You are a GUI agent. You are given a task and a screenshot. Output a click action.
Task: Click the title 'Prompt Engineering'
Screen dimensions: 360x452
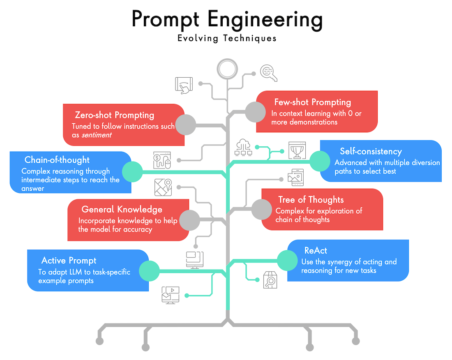tap(227, 19)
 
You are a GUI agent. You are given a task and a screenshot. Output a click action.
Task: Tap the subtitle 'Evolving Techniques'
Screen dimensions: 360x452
tap(227, 39)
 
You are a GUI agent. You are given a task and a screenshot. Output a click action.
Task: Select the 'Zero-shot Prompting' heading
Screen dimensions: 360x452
tap(114, 115)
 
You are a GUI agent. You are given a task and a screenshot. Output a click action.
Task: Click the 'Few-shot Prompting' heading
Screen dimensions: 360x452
tap(312, 102)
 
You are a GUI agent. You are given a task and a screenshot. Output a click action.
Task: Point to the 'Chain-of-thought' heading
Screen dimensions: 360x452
tap(57, 160)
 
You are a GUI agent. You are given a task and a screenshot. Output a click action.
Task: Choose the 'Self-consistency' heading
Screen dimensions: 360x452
tap(371, 152)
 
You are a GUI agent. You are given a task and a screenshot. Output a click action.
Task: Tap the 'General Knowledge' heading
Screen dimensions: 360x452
tap(122, 210)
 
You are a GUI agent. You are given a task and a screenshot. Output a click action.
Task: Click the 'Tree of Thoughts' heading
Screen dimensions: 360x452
tap(311, 200)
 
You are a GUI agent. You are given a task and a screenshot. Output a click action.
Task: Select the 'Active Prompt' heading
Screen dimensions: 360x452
tap(69, 261)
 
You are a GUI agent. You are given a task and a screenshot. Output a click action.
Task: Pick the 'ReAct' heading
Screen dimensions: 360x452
tap(316, 250)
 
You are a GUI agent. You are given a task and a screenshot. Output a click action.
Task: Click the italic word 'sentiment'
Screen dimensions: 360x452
tap(95, 135)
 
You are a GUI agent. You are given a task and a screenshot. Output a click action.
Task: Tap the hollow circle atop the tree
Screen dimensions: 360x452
tap(227, 69)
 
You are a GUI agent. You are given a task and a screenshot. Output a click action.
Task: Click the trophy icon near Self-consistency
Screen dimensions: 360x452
tap(297, 150)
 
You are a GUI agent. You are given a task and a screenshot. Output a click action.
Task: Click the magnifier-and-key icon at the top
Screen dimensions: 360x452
tap(269, 73)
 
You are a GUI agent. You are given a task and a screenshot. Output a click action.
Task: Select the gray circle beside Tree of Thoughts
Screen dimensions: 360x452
tap(261, 209)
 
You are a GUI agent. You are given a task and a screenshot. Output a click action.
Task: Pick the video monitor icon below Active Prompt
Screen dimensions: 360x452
tap(171, 295)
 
